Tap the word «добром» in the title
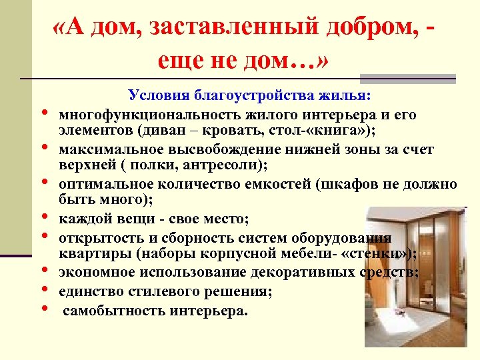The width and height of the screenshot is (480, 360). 369,29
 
